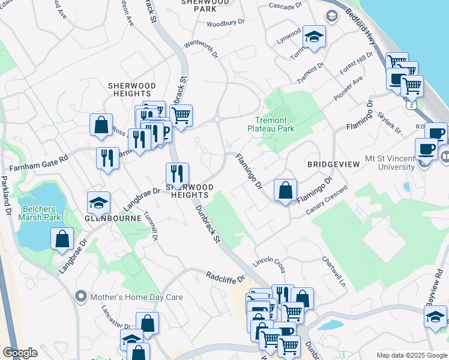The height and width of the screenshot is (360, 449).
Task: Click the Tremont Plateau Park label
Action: [x=271, y=124]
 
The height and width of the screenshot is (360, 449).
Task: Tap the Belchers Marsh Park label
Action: [x=41, y=213]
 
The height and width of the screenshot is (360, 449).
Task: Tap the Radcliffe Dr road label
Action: [x=226, y=277]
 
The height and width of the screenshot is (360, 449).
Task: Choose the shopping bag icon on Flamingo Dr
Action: [x=286, y=190]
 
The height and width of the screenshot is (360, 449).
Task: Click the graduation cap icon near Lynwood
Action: [x=314, y=37]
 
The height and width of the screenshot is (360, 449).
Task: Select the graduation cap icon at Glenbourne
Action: [x=99, y=203]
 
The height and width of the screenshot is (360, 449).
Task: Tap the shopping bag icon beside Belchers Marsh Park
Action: [x=62, y=239]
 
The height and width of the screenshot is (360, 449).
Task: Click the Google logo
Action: [x=20, y=353]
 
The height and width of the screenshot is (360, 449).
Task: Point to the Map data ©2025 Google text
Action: [x=411, y=355]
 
